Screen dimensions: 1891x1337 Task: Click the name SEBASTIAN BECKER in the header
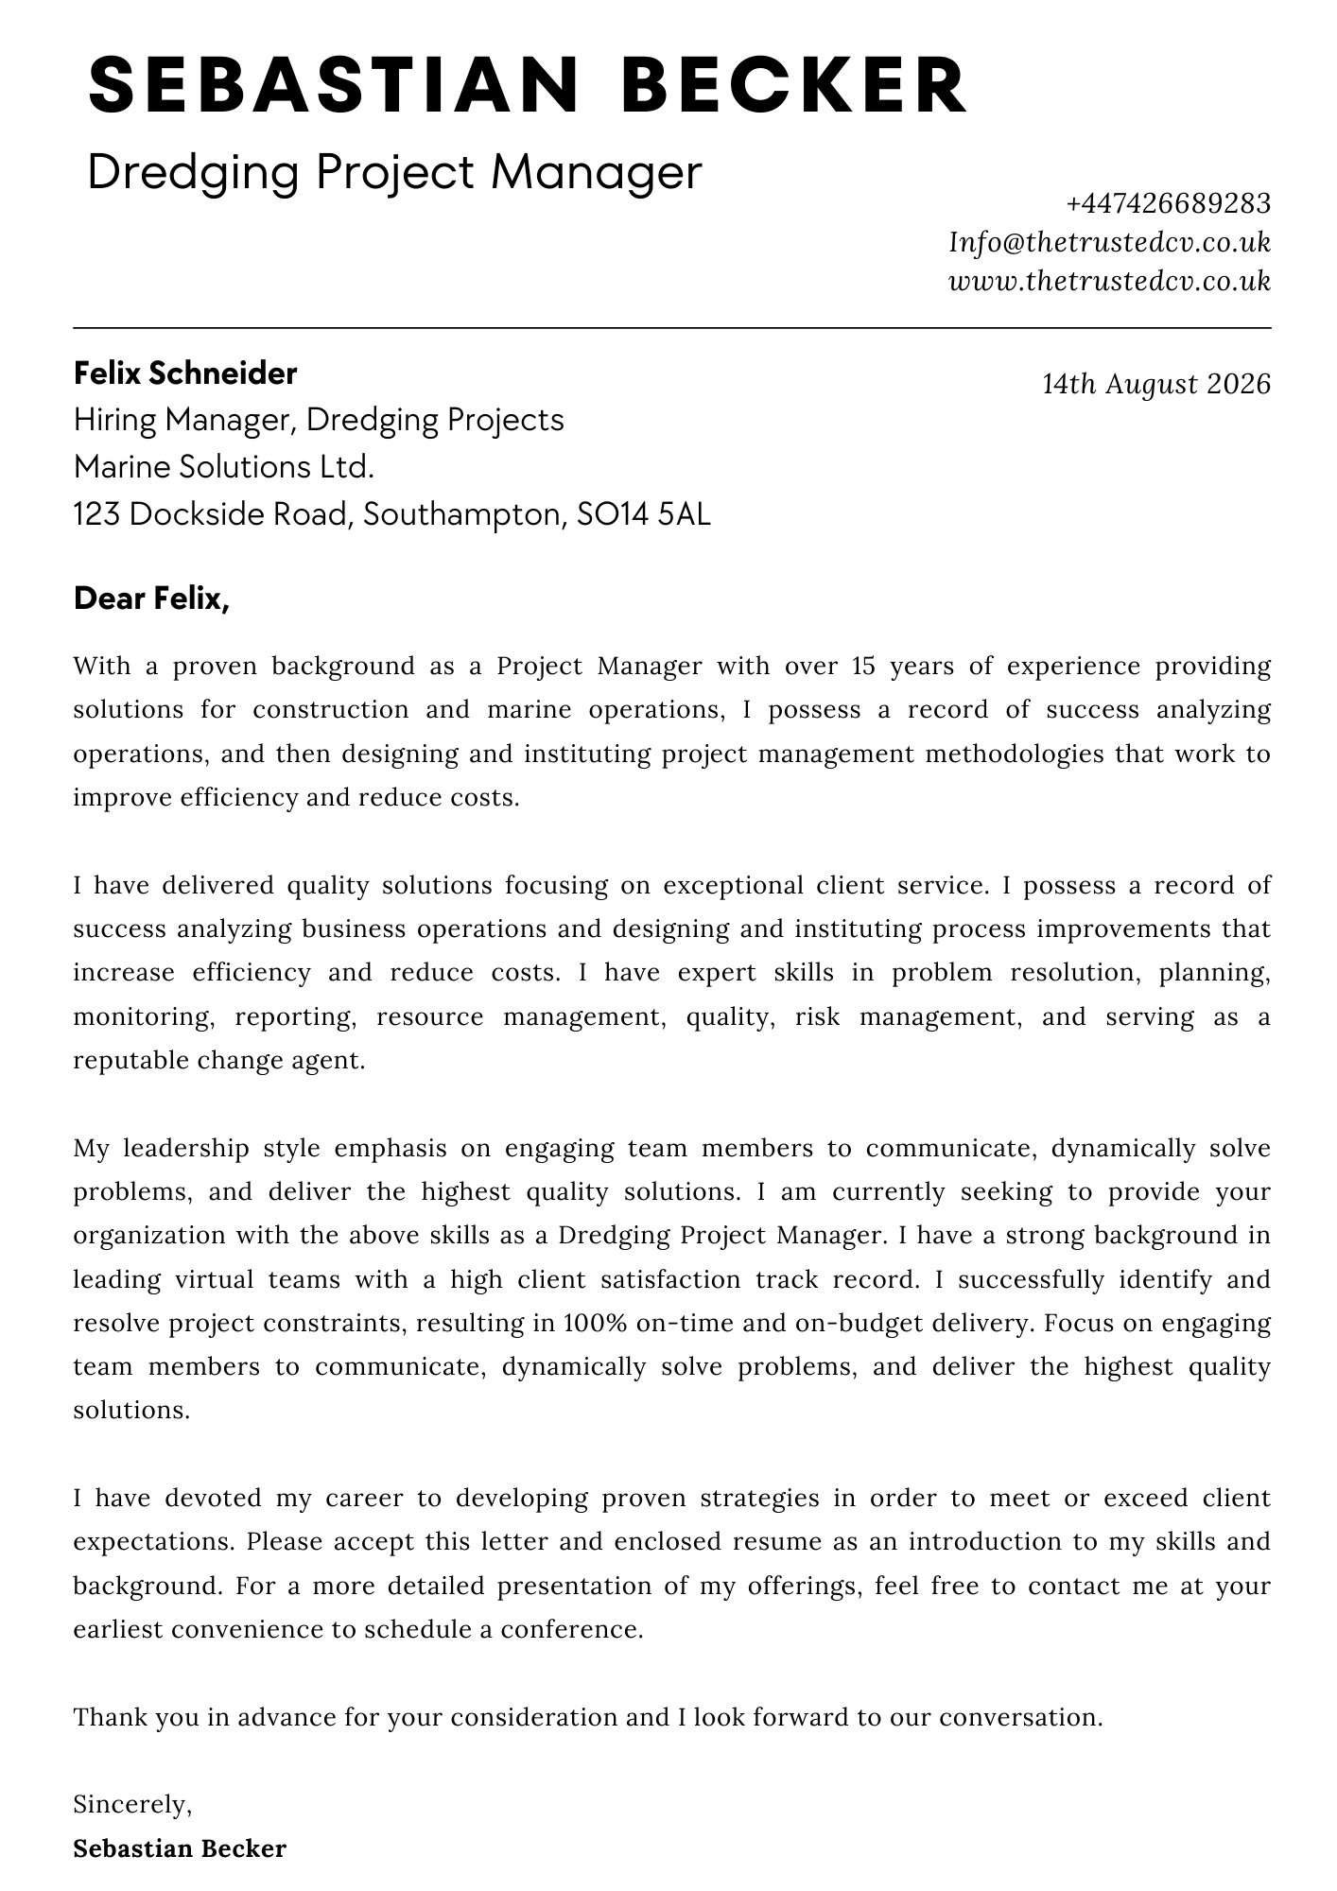(x=528, y=86)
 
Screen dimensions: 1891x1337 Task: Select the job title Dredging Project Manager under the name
(x=394, y=173)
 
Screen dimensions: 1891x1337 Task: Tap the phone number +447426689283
(x=1168, y=203)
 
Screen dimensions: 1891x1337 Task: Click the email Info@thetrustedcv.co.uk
(x=1109, y=243)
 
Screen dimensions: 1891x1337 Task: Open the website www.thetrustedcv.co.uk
(x=1109, y=282)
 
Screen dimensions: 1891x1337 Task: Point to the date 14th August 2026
(x=1156, y=384)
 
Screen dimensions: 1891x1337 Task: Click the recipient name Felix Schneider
(x=185, y=373)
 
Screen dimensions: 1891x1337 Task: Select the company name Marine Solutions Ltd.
(x=224, y=467)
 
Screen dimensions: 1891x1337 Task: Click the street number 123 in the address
(x=95, y=514)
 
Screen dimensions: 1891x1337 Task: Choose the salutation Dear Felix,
(x=151, y=599)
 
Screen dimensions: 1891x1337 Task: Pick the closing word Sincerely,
(x=132, y=1805)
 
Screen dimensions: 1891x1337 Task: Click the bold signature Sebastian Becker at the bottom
(x=180, y=1848)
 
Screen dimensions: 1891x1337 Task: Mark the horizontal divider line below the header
(x=671, y=329)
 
